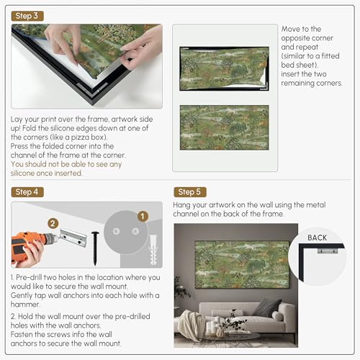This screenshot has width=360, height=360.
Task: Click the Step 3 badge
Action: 27,16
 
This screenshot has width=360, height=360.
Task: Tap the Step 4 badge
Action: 27,192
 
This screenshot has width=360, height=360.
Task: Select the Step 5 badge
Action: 190,192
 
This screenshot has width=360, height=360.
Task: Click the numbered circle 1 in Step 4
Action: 143,216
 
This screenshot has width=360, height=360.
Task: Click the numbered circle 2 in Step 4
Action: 53,223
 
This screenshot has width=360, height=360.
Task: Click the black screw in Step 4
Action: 95,248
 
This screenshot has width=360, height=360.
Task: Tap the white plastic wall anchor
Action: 153,250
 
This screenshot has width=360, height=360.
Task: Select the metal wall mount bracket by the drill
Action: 73,238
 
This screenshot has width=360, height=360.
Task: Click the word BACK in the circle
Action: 317,238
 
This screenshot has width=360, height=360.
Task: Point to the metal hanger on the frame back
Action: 328,251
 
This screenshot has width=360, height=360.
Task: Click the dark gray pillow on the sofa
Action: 267,307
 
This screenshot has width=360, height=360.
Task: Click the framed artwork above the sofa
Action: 243,264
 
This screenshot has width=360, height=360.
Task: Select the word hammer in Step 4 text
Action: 25,305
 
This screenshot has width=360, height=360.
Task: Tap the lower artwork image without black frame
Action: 225,127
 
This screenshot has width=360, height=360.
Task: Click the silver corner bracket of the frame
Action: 92,89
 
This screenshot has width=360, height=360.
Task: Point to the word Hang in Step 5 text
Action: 181,205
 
